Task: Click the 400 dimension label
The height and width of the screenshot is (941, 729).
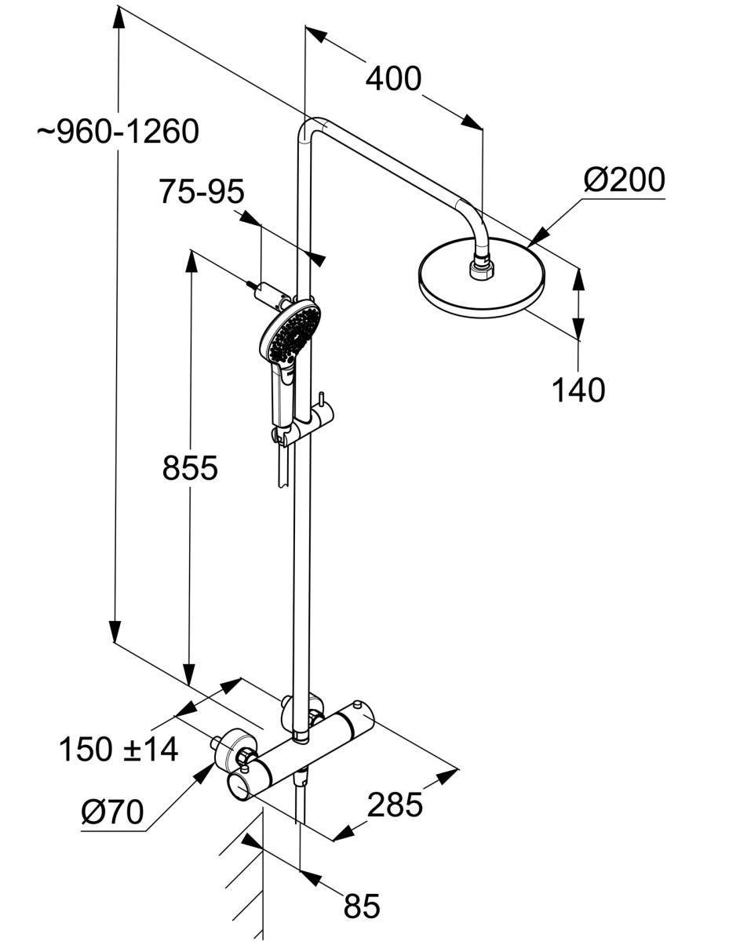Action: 393,78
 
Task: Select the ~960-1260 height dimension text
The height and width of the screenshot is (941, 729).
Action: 118,132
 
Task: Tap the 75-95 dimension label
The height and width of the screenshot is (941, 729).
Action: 202,191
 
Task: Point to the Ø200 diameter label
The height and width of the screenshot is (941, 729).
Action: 624,180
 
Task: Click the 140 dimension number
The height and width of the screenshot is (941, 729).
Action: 579,390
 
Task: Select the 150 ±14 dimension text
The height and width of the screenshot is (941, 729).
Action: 118,750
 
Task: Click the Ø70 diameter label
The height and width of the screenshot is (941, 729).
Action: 112,812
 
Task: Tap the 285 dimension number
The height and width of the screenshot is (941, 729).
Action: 395,805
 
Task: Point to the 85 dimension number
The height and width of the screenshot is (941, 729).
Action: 361,906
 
